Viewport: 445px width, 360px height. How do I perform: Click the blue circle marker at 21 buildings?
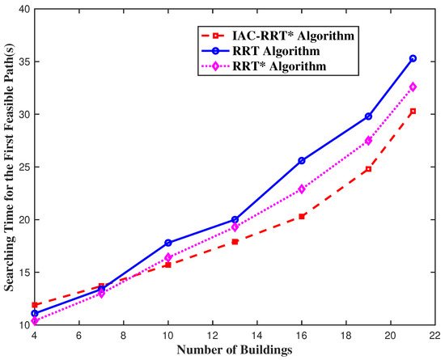click(413, 58)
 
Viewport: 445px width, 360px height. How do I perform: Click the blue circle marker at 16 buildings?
click(302, 160)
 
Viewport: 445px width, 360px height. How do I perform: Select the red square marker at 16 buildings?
click(302, 216)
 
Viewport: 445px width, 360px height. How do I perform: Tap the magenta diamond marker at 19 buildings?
click(368, 140)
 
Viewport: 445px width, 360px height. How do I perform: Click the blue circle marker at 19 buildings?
click(368, 116)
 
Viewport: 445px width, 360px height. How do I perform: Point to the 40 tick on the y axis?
click(23, 9)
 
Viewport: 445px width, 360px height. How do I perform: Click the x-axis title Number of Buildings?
click(235, 349)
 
